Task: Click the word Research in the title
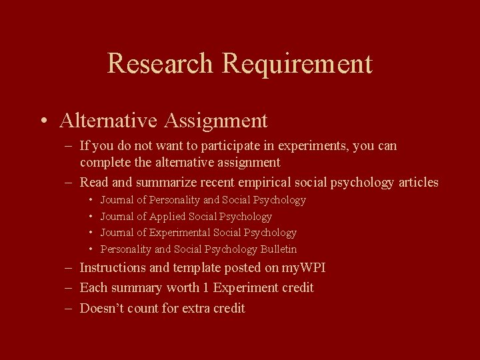161,63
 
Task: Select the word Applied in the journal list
167,217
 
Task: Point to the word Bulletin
279,249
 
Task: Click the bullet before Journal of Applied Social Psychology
90,217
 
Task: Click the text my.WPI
299,268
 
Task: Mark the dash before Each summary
69,288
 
